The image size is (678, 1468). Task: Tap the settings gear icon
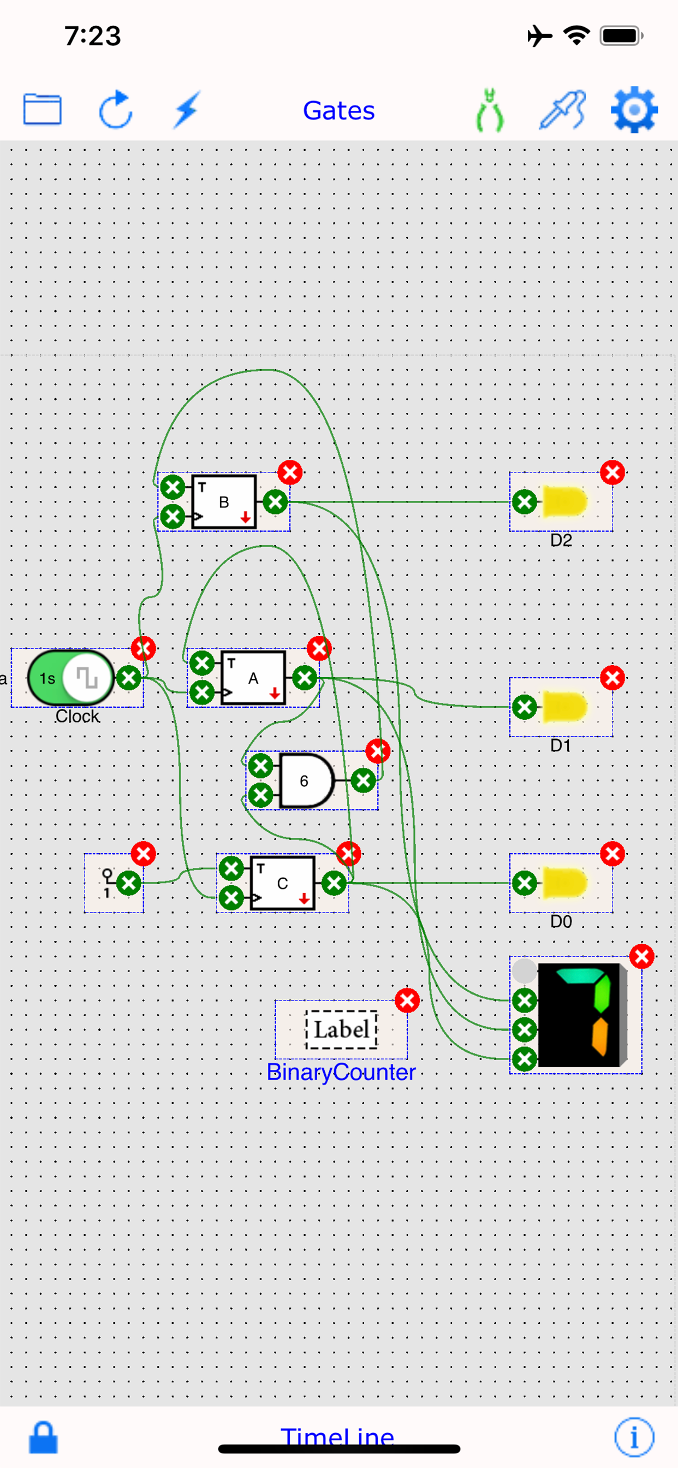[x=634, y=110]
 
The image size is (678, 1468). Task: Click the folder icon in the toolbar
[x=42, y=109]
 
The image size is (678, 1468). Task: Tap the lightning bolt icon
[x=187, y=109]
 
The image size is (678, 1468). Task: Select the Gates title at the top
[x=338, y=110]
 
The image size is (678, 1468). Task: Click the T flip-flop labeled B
[x=224, y=502]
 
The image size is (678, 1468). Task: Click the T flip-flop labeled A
[x=253, y=678]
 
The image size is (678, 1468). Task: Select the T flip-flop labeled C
[x=283, y=883]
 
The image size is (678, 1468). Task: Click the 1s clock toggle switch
[x=70, y=678]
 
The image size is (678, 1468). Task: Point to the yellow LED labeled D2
[x=564, y=502]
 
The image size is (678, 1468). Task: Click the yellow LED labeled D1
[x=564, y=707]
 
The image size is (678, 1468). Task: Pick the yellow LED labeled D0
[x=564, y=883]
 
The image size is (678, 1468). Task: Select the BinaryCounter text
[x=341, y=1073]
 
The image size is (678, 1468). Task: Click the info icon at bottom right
[x=634, y=1437]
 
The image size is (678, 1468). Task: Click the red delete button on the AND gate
[x=378, y=751]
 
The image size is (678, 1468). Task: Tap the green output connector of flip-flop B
[x=276, y=502]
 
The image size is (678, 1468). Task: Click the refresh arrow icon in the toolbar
[x=116, y=109]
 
